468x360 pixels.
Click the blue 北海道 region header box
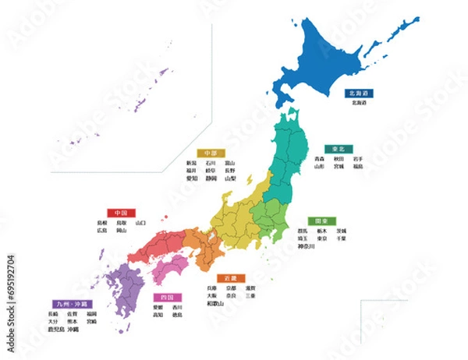(x=360, y=93)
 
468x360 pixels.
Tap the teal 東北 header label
(x=338, y=148)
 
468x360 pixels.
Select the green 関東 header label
(x=321, y=221)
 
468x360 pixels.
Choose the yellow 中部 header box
(x=210, y=153)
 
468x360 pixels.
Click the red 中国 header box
(x=121, y=212)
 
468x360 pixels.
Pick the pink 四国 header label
(x=168, y=298)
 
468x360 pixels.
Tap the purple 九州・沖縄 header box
(x=71, y=303)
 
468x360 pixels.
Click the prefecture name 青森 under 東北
(x=320, y=158)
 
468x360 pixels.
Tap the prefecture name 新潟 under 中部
(x=191, y=163)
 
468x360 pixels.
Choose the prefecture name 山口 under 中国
(x=140, y=222)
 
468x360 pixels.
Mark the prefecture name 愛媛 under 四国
(x=158, y=308)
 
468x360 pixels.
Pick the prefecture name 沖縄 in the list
(x=73, y=330)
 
